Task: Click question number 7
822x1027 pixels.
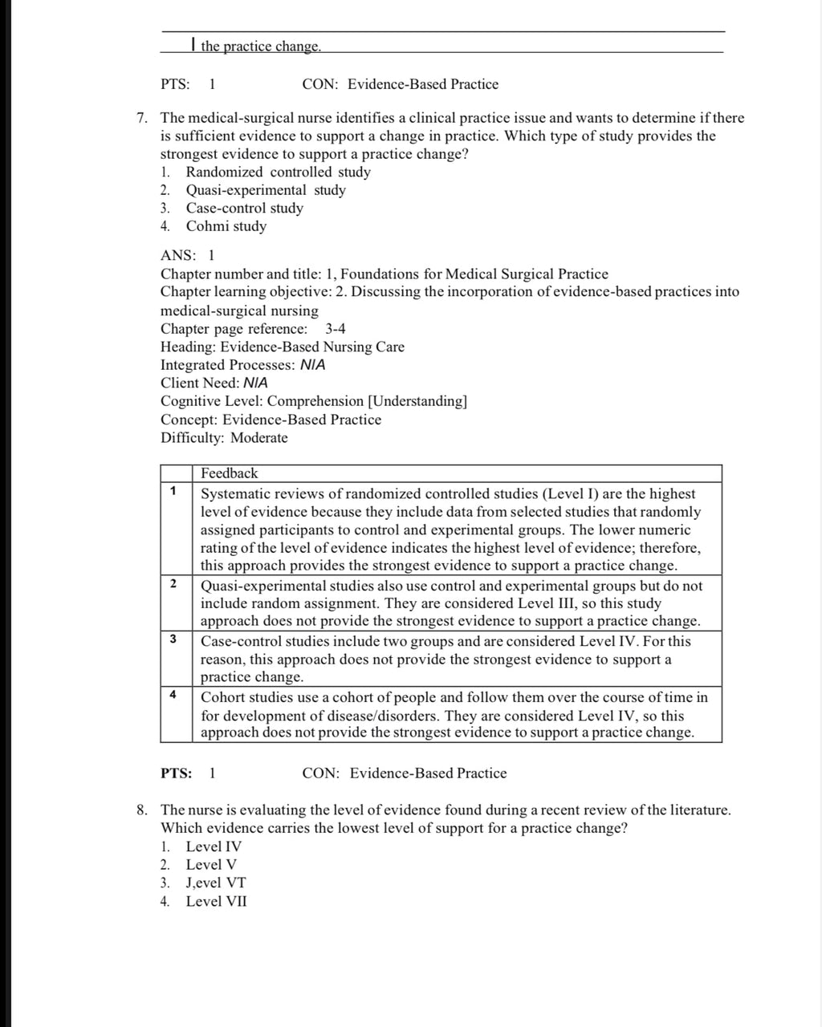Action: [x=141, y=119]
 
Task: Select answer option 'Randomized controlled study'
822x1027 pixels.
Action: [x=278, y=173]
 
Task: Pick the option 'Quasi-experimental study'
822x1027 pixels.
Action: [x=266, y=190]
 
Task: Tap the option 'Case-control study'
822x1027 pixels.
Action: [x=244, y=209]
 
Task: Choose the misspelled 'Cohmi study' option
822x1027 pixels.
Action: [x=226, y=226]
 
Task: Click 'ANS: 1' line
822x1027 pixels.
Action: [x=188, y=256]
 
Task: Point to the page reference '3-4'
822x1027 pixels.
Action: [x=336, y=329]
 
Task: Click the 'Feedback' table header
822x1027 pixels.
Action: [x=229, y=473]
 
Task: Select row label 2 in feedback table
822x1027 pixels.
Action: [x=173, y=583]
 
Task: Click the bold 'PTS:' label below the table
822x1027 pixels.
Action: [x=176, y=773]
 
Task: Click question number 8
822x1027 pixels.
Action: [x=141, y=810]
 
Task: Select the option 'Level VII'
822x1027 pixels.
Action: [x=216, y=901]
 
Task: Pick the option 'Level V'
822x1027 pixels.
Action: [x=211, y=865]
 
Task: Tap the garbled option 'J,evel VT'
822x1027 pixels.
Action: [x=216, y=883]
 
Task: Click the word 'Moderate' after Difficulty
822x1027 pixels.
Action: [x=258, y=438]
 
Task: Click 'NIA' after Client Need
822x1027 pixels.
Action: [x=255, y=384]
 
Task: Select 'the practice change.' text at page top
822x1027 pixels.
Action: [x=260, y=47]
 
